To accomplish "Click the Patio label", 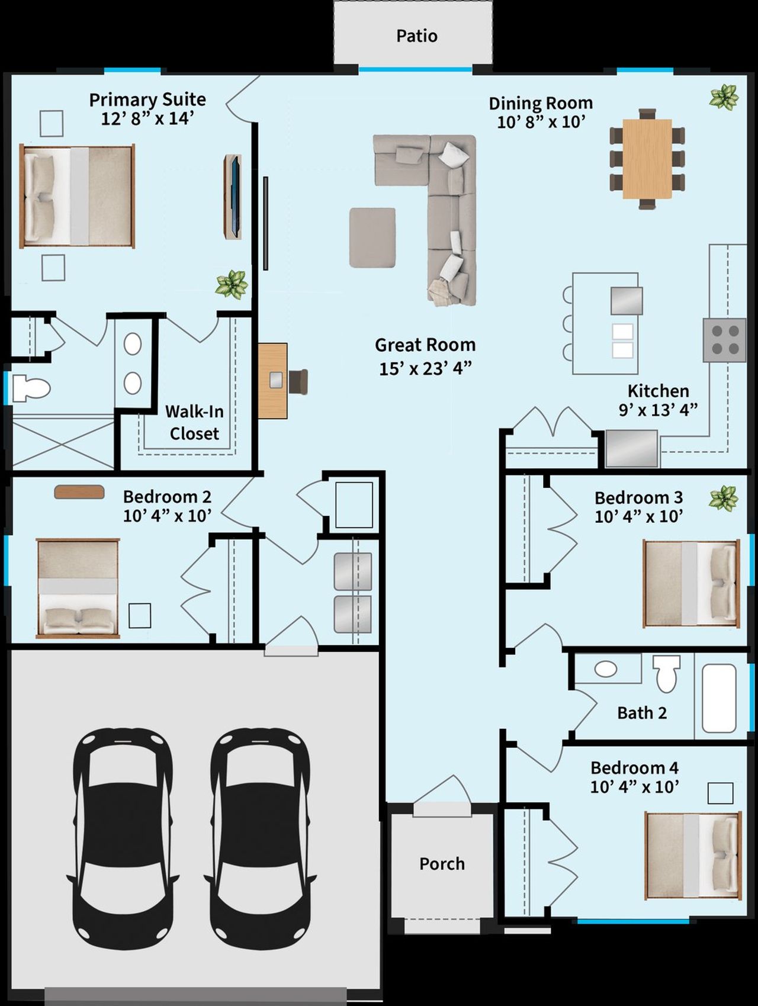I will (417, 36).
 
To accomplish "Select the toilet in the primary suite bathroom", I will (30, 388).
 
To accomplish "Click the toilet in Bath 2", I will (667, 674).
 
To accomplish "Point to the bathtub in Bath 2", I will (719, 698).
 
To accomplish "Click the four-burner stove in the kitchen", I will (724, 340).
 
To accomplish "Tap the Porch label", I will (442, 864).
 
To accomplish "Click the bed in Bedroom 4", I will (692, 855).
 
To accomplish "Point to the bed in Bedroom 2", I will (78, 588).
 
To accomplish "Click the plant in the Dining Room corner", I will (724, 97).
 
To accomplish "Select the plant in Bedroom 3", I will (723, 498).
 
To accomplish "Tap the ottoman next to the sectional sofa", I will (372, 237).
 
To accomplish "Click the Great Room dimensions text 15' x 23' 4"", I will (425, 368).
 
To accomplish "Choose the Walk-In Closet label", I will (194, 422).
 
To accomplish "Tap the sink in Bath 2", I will (606, 670).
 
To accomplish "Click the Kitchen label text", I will (658, 391).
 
